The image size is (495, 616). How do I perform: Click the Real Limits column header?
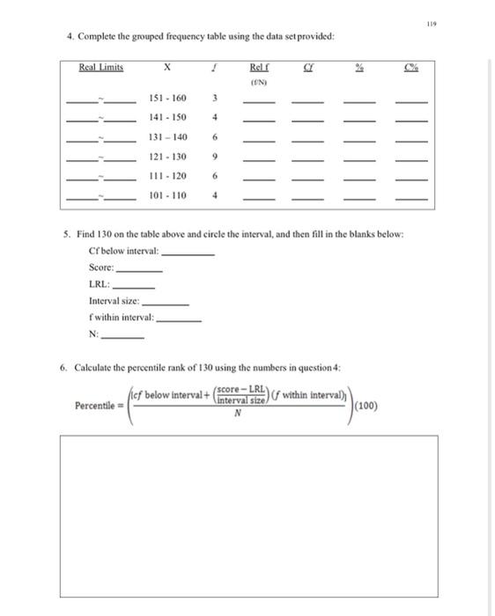101,67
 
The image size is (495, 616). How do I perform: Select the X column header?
166,67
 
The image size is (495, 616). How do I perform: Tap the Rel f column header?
259,67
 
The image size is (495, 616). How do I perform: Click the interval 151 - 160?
167,98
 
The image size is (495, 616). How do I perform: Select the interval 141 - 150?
167,117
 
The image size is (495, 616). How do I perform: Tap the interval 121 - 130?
167,157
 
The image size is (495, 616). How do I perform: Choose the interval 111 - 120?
167,176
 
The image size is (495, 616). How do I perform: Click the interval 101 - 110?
167,195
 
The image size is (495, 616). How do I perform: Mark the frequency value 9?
216,157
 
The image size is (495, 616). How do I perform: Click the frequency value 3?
216,98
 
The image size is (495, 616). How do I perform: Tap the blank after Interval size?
171,303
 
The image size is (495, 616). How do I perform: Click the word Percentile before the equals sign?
97,406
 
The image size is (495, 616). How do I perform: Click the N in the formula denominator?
236,418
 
